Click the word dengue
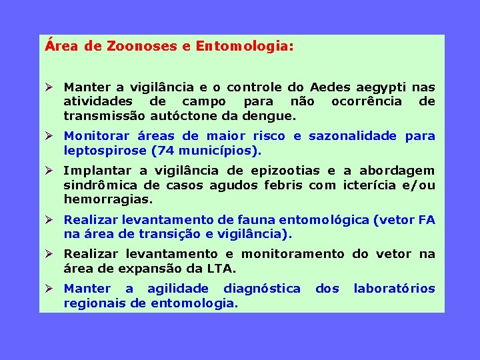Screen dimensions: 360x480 click(270, 115)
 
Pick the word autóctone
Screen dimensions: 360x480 click(189, 115)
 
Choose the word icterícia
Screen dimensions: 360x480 click(373, 185)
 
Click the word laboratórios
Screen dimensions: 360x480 click(394, 289)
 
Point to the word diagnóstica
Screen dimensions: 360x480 click(261, 289)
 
